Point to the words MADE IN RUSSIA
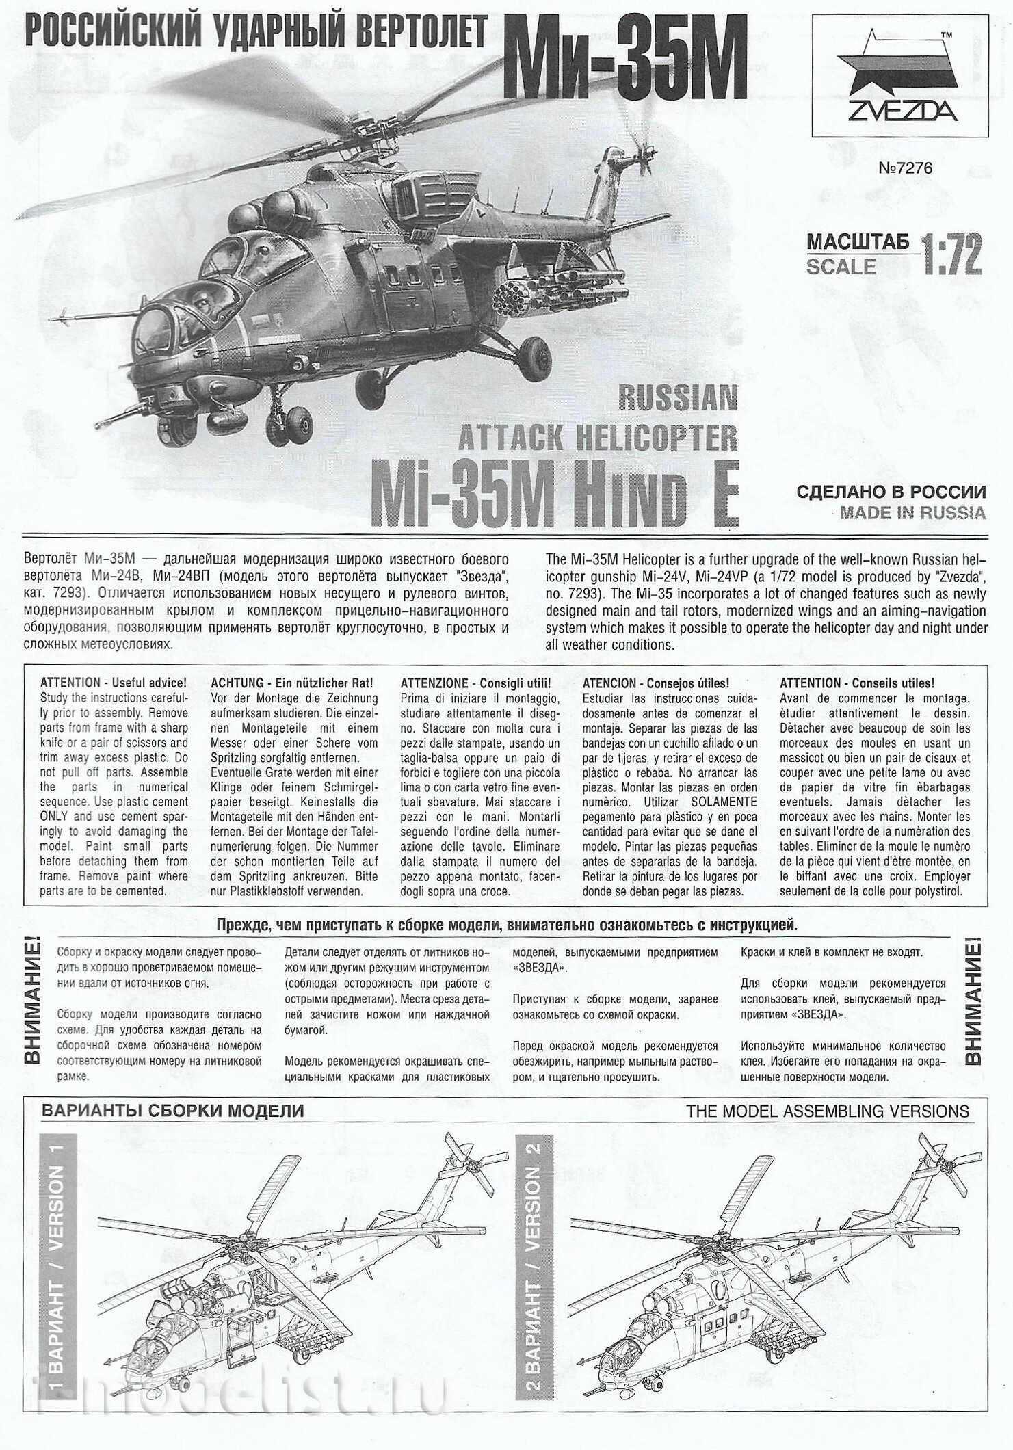click(x=912, y=513)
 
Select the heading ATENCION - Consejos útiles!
click(x=655, y=683)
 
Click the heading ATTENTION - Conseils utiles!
click(x=856, y=683)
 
